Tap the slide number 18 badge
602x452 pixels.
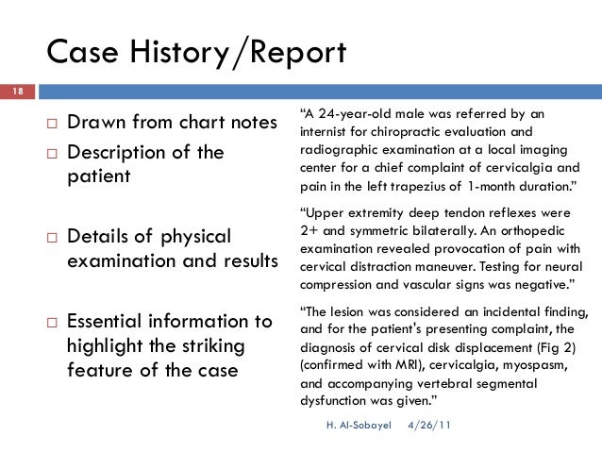[17, 92]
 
